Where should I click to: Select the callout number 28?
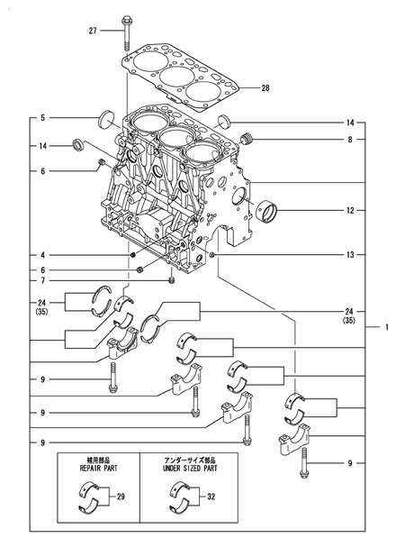click(x=265, y=88)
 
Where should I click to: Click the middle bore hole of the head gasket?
click(x=175, y=74)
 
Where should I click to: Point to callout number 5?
click(x=42, y=117)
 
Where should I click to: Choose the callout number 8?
click(x=349, y=140)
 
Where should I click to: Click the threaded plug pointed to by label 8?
click(x=249, y=138)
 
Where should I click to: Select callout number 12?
click(x=349, y=211)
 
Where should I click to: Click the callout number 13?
click(x=349, y=255)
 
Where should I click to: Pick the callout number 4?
click(x=42, y=255)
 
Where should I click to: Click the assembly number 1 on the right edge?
click(x=387, y=327)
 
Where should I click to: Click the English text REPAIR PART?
click(x=98, y=469)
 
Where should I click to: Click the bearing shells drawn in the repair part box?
click(x=89, y=497)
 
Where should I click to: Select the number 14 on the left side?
click(x=42, y=145)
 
